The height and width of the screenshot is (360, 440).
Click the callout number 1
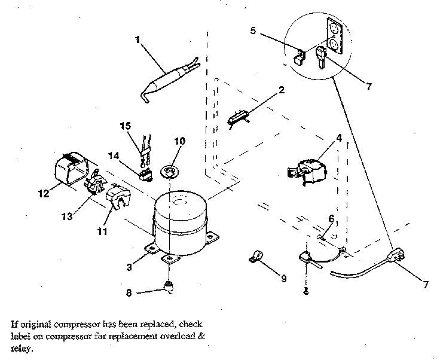click(137, 40)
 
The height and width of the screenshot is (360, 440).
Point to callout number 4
click(339, 138)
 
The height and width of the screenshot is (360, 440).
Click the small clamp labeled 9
click(255, 259)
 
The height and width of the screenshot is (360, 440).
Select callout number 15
click(124, 127)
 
